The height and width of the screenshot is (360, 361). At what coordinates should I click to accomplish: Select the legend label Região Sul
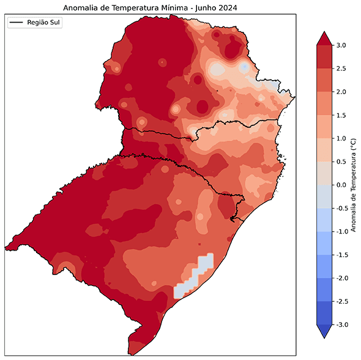(45, 23)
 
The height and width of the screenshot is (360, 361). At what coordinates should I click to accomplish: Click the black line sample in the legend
(17, 23)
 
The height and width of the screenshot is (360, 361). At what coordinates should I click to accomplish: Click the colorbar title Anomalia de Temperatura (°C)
(354, 185)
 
